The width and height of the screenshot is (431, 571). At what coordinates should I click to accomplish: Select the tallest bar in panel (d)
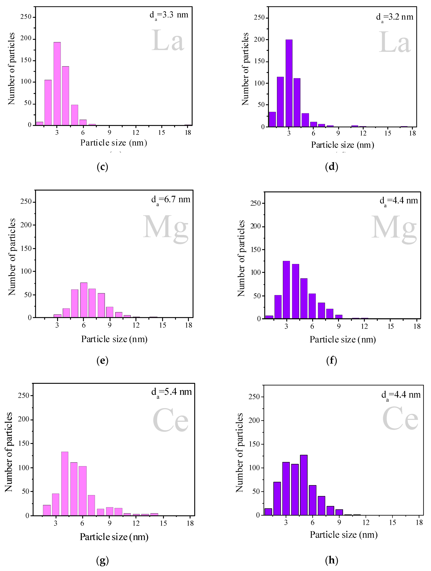pyautogui.click(x=289, y=83)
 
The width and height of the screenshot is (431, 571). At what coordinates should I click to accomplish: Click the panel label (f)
pyautogui.click(x=332, y=361)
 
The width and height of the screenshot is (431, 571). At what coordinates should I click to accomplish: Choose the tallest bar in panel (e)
pyautogui.click(x=84, y=300)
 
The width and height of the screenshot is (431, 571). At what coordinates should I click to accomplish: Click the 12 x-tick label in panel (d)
pyautogui.click(x=363, y=133)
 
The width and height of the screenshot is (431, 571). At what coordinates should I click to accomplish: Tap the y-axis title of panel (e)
pyautogui.click(x=12, y=257)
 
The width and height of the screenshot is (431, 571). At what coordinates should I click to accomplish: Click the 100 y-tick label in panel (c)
pyautogui.click(x=26, y=82)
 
